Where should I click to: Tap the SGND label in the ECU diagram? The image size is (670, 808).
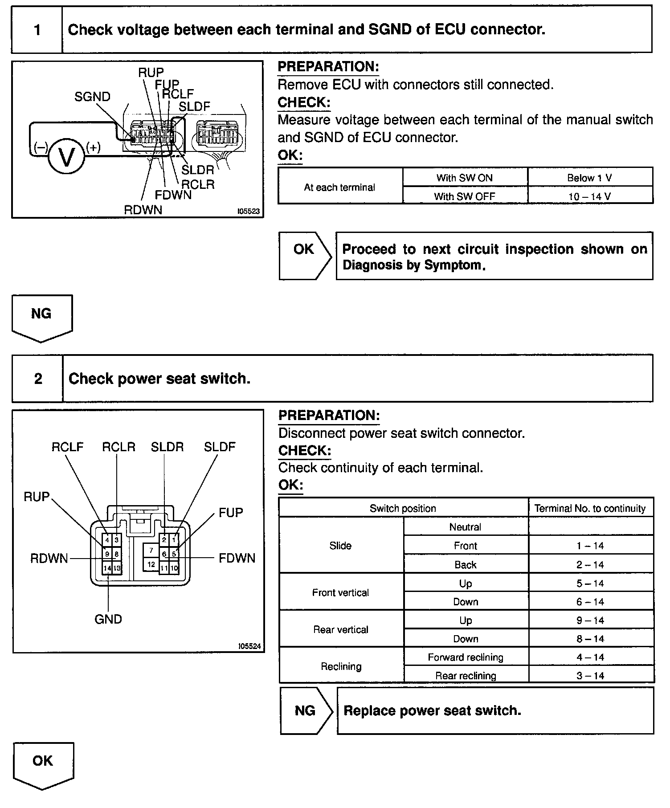click(92, 97)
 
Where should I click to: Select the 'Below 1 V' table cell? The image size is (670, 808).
click(590, 178)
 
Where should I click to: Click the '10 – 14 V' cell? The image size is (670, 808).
click(590, 196)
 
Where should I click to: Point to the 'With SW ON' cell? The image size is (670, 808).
click(465, 178)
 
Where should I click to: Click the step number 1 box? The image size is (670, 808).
click(37, 30)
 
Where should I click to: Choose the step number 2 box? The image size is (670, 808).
click(38, 379)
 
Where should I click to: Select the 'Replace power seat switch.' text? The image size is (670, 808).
click(432, 710)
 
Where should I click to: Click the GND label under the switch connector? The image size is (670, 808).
click(108, 619)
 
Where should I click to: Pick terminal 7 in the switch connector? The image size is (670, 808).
click(151, 551)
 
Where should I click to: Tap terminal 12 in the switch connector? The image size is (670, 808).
click(151, 564)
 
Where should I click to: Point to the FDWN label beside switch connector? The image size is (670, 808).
click(237, 558)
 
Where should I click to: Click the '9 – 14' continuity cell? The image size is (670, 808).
click(590, 620)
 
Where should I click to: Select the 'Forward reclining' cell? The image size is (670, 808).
click(466, 657)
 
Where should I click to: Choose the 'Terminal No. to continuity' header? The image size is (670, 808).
click(590, 508)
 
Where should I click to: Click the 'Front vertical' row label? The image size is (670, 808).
click(340, 592)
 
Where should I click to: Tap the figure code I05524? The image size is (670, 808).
click(249, 646)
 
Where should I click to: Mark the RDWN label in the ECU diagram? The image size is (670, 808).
click(143, 210)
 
